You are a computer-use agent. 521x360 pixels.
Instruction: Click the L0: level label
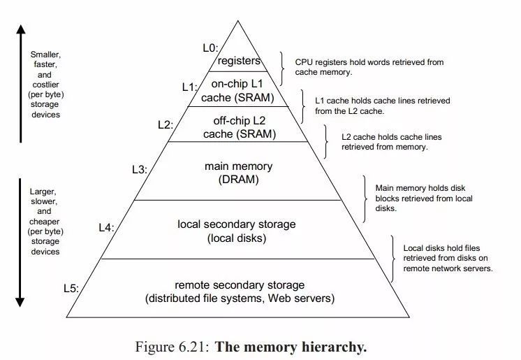pos(210,48)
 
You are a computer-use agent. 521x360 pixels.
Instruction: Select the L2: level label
pos(165,125)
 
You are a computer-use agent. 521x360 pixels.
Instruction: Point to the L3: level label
pos(139,169)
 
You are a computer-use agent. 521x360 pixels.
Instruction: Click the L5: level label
pos(71,287)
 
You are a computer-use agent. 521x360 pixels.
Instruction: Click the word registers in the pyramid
pos(239,62)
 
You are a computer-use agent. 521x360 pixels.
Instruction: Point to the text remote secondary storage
pos(240,285)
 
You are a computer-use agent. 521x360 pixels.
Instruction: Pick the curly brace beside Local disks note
pos(393,257)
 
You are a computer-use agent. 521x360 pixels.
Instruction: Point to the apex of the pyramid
pos(240,21)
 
